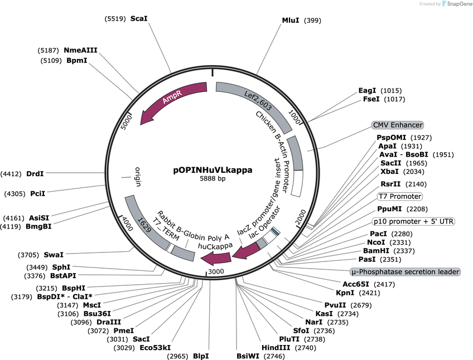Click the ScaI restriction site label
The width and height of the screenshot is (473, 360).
[x=139, y=19]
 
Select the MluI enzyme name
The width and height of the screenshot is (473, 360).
[x=291, y=20]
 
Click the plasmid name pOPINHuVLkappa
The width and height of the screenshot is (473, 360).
[x=213, y=170]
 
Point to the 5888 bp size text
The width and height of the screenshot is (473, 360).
[x=213, y=178]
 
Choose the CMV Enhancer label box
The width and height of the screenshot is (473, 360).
[x=398, y=125]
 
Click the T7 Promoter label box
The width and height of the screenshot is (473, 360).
[x=400, y=196]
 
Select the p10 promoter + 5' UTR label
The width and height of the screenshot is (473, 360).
[x=413, y=221]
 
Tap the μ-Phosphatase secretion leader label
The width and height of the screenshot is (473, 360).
[x=405, y=271]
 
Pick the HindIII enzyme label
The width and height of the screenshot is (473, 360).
[x=276, y=348]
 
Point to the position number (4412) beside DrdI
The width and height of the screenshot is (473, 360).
[x=11, y=174]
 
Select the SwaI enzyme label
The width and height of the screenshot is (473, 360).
[x=54, y=255]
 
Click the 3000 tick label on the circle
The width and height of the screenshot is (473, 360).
[x=216, y=271]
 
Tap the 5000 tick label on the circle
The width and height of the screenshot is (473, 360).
[x=127, y=122]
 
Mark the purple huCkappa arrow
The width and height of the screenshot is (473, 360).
[x=216, y=258]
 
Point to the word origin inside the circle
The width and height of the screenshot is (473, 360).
[x=138, y=177]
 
